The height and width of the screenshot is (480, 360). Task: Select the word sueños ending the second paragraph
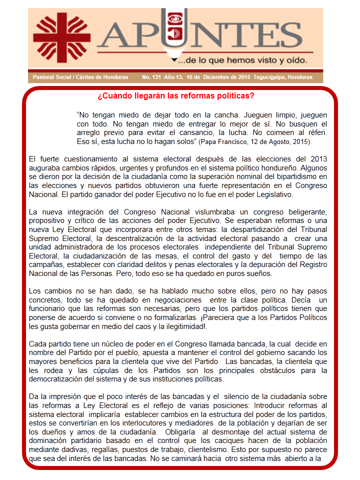point(256,274)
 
